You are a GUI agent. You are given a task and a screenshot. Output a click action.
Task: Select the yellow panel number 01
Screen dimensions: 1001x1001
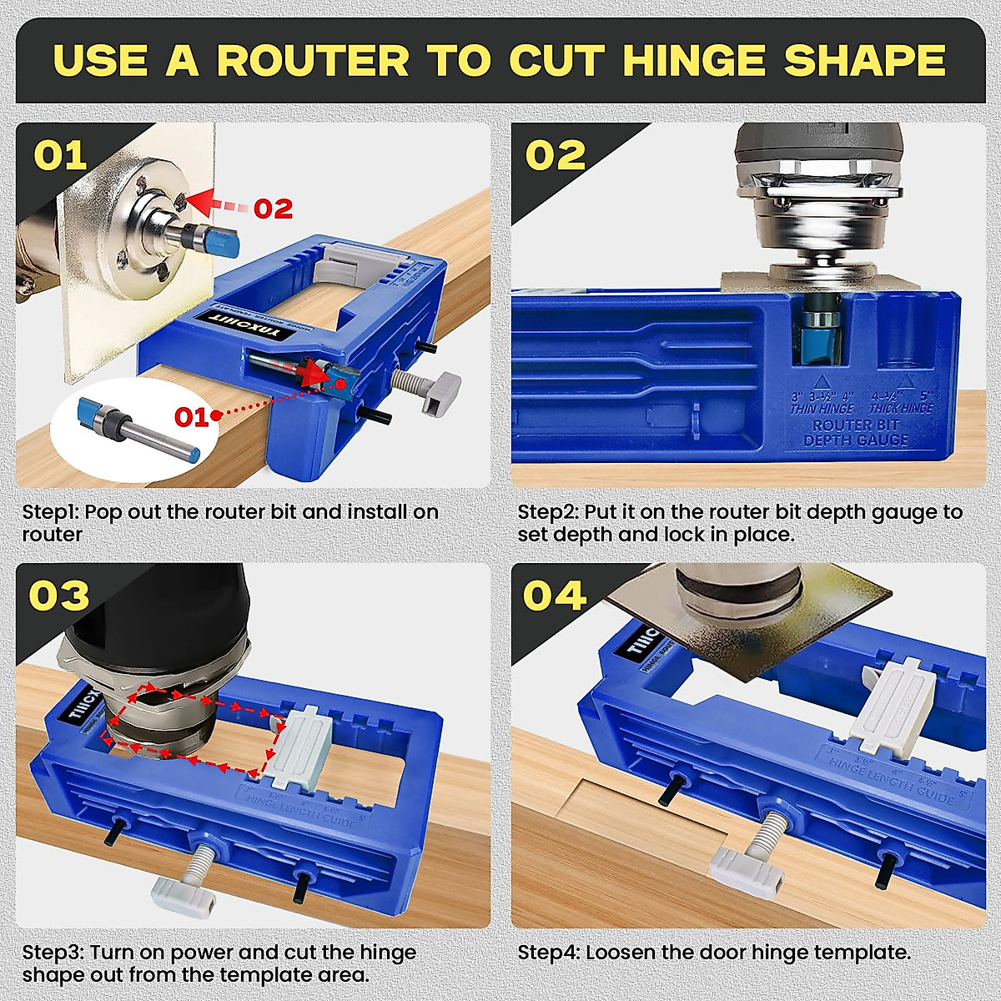pyautogui.click(x=60, y=156)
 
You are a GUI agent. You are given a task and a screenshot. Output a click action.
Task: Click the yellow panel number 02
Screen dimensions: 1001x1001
pyautogui.click(x=556, y=156)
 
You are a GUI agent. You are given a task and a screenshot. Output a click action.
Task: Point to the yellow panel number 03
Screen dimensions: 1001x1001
pyautogui.click(x=60, y=596)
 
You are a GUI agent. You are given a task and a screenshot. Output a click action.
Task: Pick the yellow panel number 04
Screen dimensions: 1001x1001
pyautogui.click(x=556, y=596)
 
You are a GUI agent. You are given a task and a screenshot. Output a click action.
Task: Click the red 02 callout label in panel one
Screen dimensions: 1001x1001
pyautogui.click(x=274, y=208)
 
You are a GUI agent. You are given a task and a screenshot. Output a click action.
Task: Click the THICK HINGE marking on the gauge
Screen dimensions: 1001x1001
pyautogui.click(x=901, y=408)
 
